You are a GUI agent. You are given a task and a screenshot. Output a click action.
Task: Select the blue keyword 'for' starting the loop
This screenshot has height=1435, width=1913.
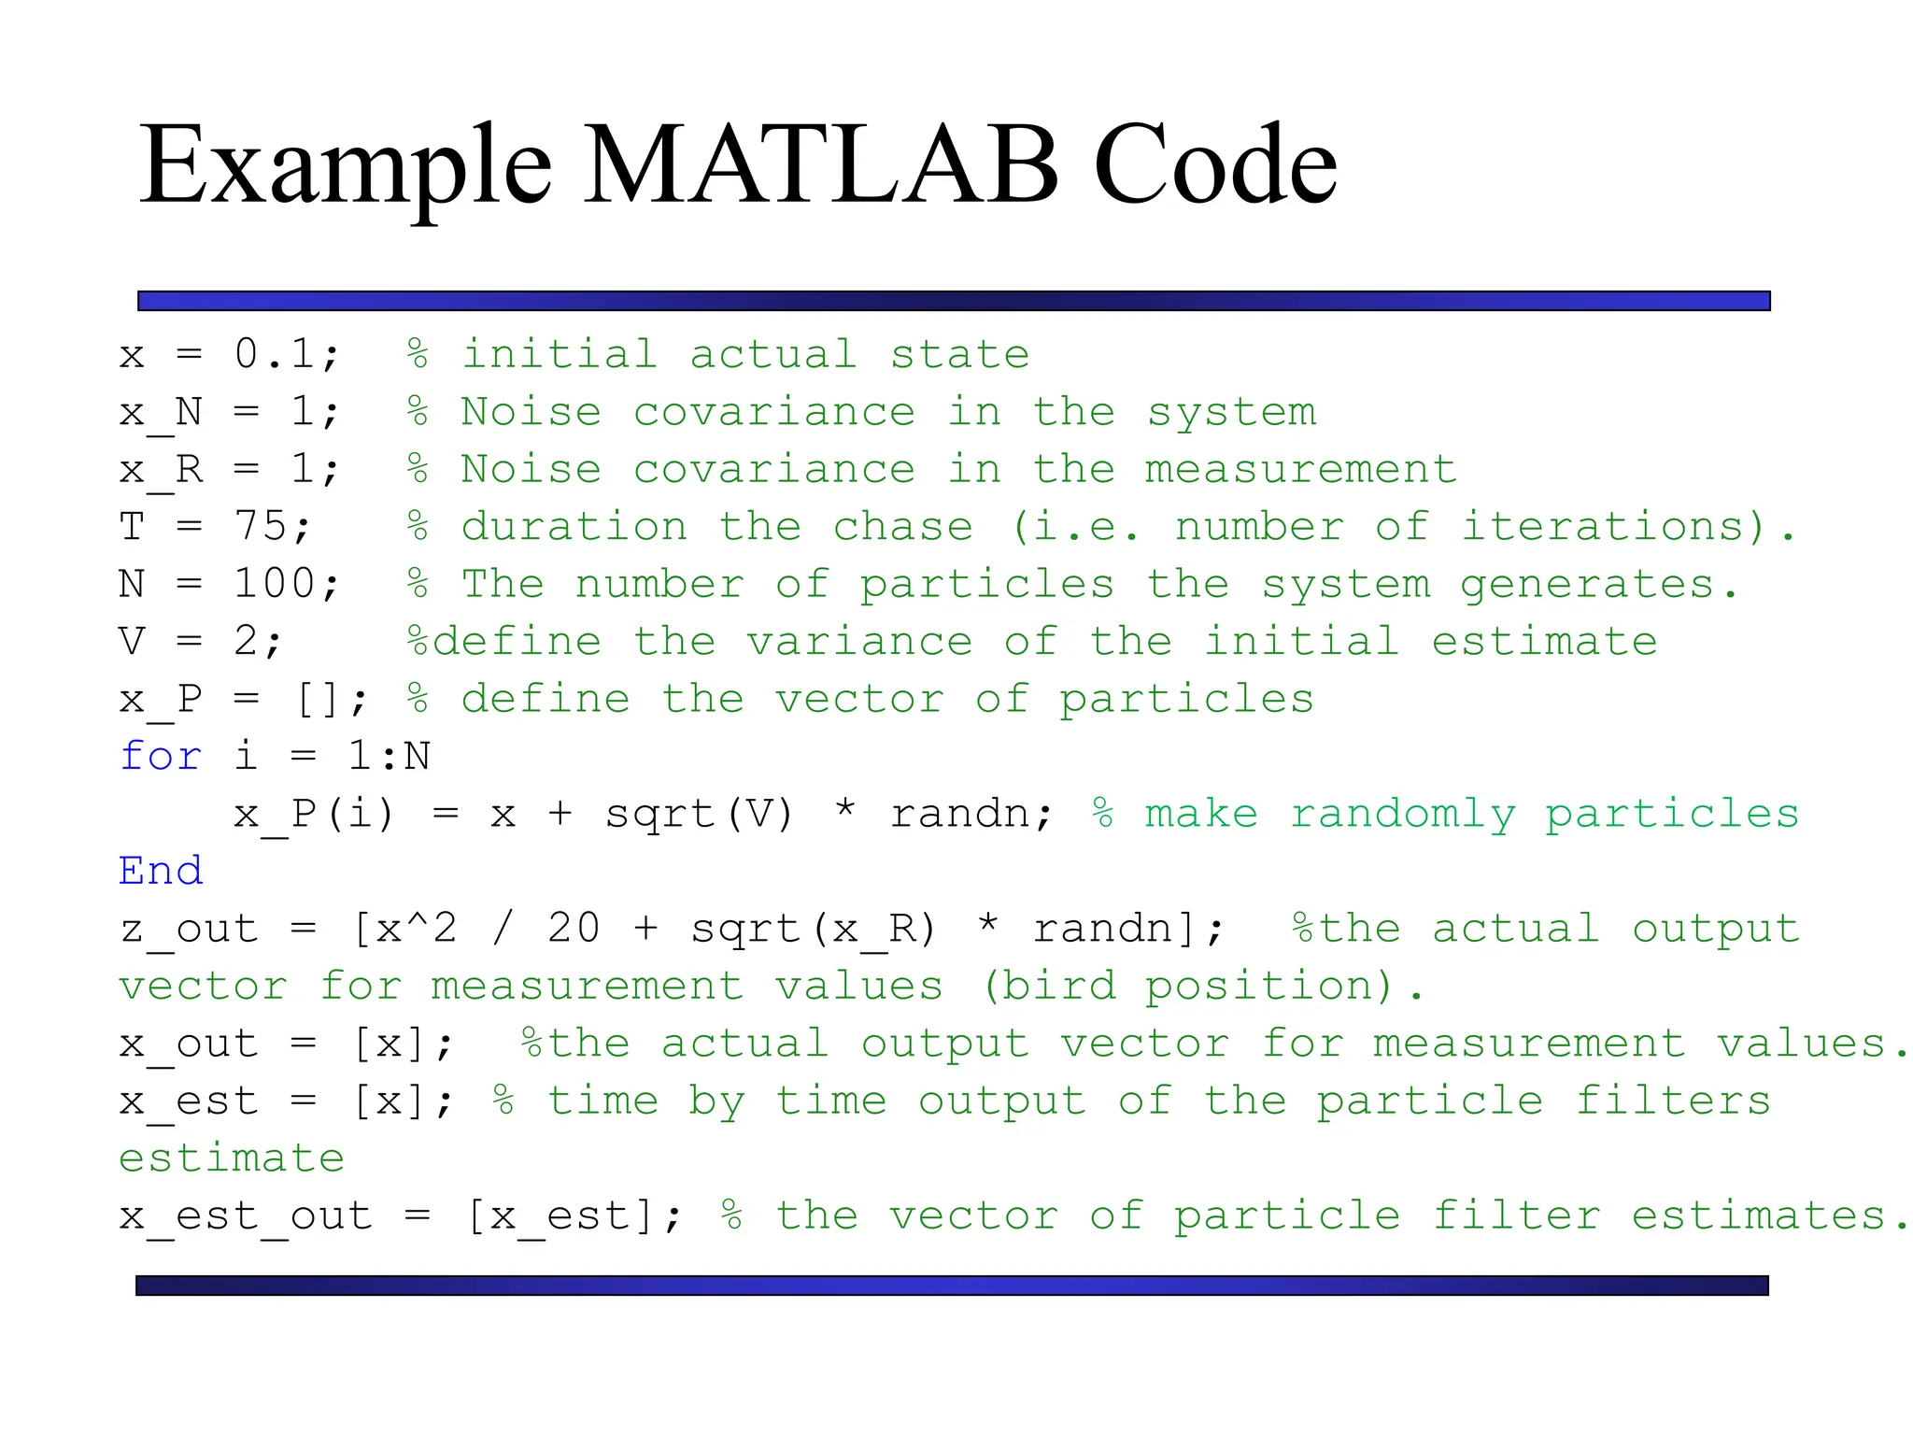(x=161, y=756)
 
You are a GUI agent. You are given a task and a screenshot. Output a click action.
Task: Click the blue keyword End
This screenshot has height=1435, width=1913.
(x=161, y=871)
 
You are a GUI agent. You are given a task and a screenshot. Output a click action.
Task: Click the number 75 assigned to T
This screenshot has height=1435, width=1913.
(x=260, y=526)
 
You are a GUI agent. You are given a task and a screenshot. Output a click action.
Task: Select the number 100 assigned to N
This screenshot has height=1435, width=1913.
(x=275, y=584)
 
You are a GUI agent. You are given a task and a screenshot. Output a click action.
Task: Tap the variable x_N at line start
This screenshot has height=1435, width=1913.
(x=161, y=412)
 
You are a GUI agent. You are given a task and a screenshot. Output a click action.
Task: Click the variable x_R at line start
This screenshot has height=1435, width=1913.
(x=161, y=469)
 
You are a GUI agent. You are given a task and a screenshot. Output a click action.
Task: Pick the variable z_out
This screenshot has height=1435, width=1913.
(x=189, y=929)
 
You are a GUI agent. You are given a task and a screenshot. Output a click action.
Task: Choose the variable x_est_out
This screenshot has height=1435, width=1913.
(x=246, y=1215)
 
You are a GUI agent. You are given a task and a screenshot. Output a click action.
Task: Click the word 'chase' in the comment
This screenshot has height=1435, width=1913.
(x=902, y=526)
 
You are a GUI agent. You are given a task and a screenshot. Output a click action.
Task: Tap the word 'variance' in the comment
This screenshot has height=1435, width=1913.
(x=859, y=642)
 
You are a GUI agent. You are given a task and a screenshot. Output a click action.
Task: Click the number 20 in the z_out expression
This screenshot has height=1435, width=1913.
(x=574, y=929)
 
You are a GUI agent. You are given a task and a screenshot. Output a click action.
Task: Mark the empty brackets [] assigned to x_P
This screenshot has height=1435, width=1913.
(x=317, y=699)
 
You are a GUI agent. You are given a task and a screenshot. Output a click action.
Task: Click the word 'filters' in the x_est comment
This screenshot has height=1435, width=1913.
(x=1672, y=1101)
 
